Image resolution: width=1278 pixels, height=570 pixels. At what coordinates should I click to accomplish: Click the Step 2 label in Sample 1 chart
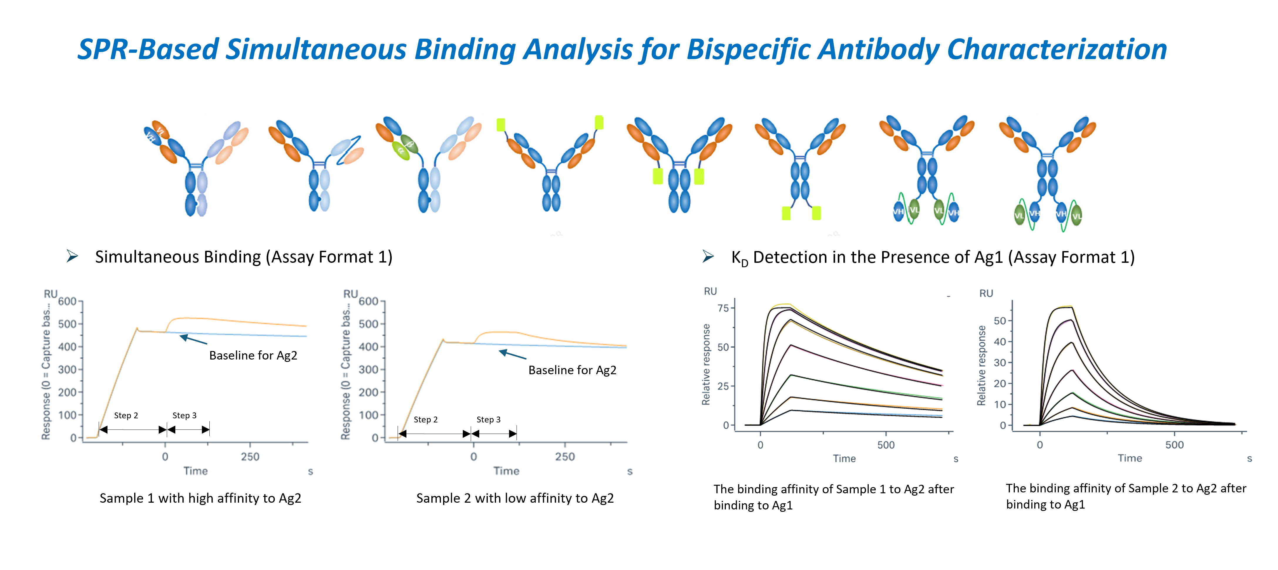pyautogui.click(x=126, y=416)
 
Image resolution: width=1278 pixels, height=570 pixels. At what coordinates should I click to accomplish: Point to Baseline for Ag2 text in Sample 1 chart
pyautogui.click(x=253, y=355)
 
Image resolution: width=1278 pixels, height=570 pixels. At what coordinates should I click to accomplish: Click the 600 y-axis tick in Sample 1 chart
pyautogui.click(x=68, y=301)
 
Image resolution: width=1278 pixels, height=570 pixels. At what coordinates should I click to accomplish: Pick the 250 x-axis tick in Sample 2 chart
pyautogui.click(x=565, y=457)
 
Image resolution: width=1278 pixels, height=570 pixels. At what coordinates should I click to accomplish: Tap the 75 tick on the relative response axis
pyautogui.click(x=723, y=308)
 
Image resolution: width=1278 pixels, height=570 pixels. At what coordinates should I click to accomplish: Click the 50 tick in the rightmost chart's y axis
pyautogui.click(x=1000, y=321)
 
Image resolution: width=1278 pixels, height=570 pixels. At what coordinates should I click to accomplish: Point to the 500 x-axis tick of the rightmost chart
pyautogui.click(x=1174, y=445)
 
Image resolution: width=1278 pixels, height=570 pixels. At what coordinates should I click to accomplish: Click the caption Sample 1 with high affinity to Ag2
pyautogui.click(x=201, y=498)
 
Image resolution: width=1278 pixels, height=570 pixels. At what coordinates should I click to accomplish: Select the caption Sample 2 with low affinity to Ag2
pyautogui.click(x=515, y=498)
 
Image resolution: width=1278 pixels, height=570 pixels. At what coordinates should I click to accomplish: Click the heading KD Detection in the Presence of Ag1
pyautogui.click(x=933, y=257)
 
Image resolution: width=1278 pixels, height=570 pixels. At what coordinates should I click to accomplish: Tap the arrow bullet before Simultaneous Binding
pyautogui.click(x=73, y=256)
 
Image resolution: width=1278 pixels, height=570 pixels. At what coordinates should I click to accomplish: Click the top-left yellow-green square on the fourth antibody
pyautogui.click(x=501, y=125)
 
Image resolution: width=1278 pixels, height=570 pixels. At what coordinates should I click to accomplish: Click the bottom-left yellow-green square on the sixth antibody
pyautogui.click(x=786, y=213)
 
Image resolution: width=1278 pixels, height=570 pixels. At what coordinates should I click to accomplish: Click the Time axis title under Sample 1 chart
pyautogui.click(x=196, y=471)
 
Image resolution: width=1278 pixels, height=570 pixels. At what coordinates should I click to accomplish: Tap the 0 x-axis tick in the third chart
pyautogui.click(x=760, y=445)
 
